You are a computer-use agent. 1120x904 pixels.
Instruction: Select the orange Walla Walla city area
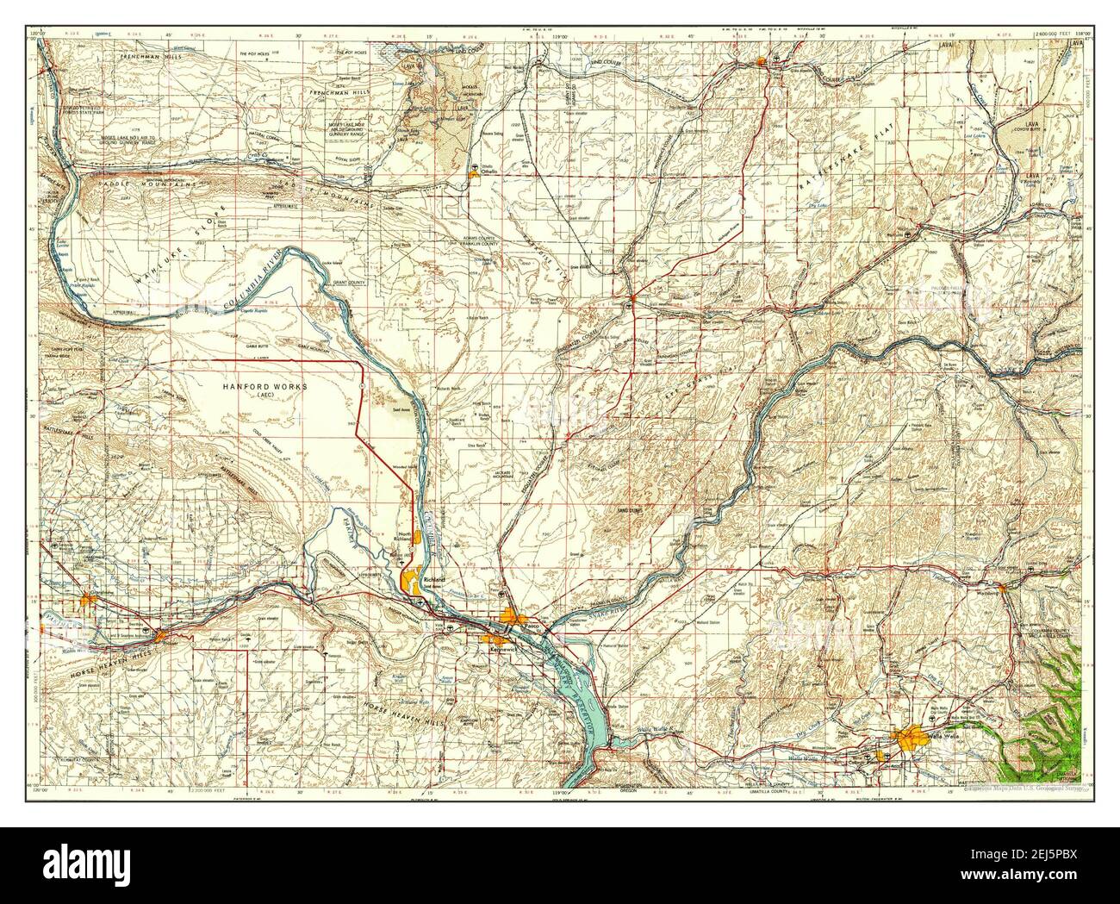coord(909,739)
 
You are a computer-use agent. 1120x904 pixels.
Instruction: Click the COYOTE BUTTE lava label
coord(1030,128)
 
